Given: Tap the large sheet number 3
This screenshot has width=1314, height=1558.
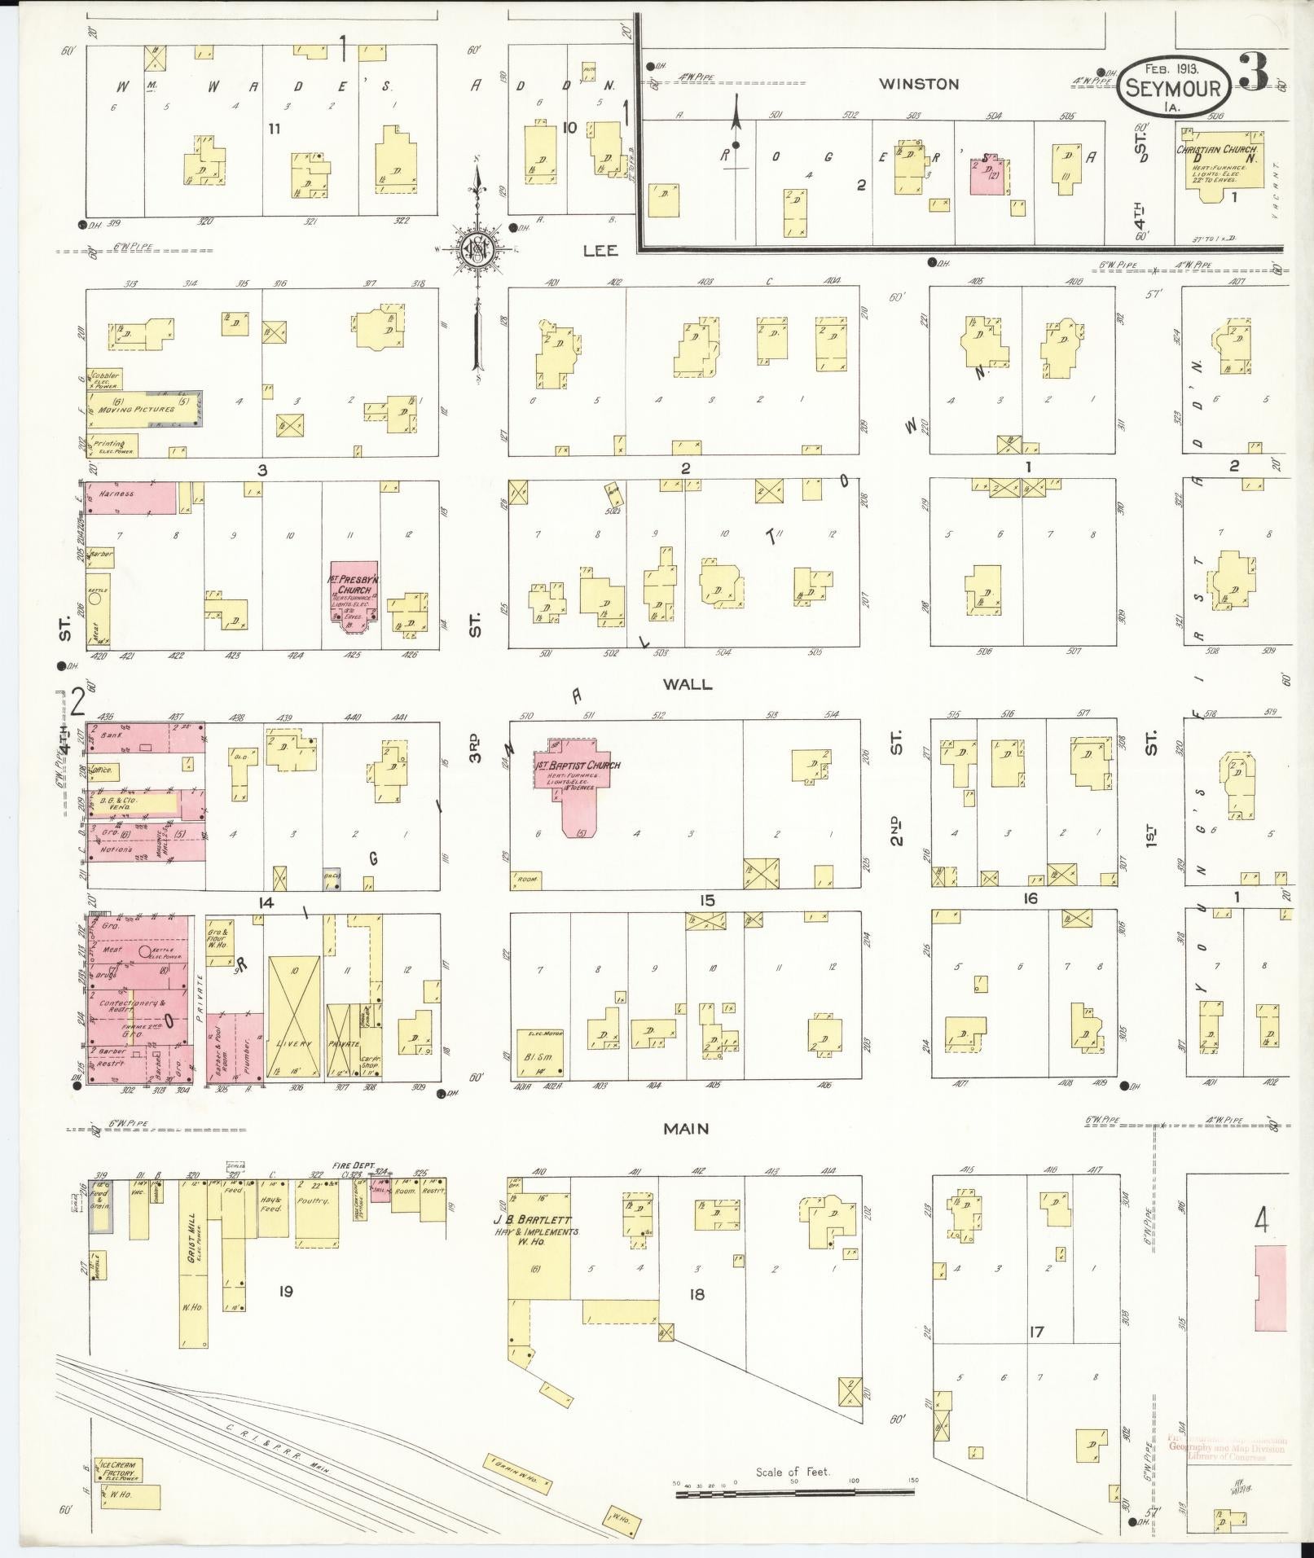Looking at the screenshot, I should [1253, 73].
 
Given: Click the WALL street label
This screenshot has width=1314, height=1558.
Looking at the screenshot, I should [688, 684].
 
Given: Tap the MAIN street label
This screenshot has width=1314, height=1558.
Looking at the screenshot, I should [685, 1129].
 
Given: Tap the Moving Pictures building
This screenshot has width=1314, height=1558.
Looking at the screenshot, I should [143, 410].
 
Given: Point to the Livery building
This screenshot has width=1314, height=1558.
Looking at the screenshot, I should [293, 1018].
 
